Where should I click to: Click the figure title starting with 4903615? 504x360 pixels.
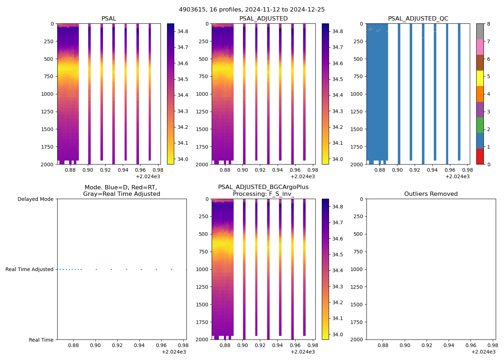pos(252,10)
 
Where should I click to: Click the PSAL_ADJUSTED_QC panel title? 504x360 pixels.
pos(418,19)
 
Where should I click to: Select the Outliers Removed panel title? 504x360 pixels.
pos(431,194)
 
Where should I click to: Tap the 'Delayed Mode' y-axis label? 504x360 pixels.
pos(35,199)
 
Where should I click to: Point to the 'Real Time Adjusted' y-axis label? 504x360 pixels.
pos(30,269)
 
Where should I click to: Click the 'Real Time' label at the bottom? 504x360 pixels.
pos(41,340)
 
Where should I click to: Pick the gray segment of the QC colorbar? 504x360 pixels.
pos(480,31)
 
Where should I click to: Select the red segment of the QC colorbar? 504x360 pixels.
pos(480,157)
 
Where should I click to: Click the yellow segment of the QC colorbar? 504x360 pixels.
pos(480,78)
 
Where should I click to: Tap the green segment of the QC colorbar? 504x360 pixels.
pos(480,125)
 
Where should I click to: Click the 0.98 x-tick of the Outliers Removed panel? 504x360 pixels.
pos(492,345)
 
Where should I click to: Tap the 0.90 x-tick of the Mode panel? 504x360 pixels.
pos(95,345)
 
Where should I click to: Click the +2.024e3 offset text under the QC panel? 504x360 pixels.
pos(457,176)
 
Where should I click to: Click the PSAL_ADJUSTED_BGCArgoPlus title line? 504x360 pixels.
pos(263,187)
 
